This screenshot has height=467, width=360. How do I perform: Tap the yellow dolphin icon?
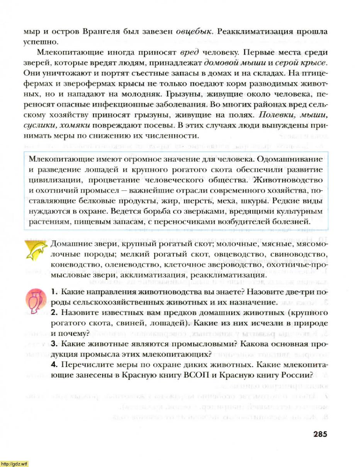(35, 251)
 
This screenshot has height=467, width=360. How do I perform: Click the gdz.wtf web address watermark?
(14, 464)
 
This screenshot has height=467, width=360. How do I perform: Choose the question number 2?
(54, 312)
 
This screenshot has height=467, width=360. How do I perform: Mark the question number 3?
(54, 343)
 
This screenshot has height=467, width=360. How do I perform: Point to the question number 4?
(54, 364)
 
